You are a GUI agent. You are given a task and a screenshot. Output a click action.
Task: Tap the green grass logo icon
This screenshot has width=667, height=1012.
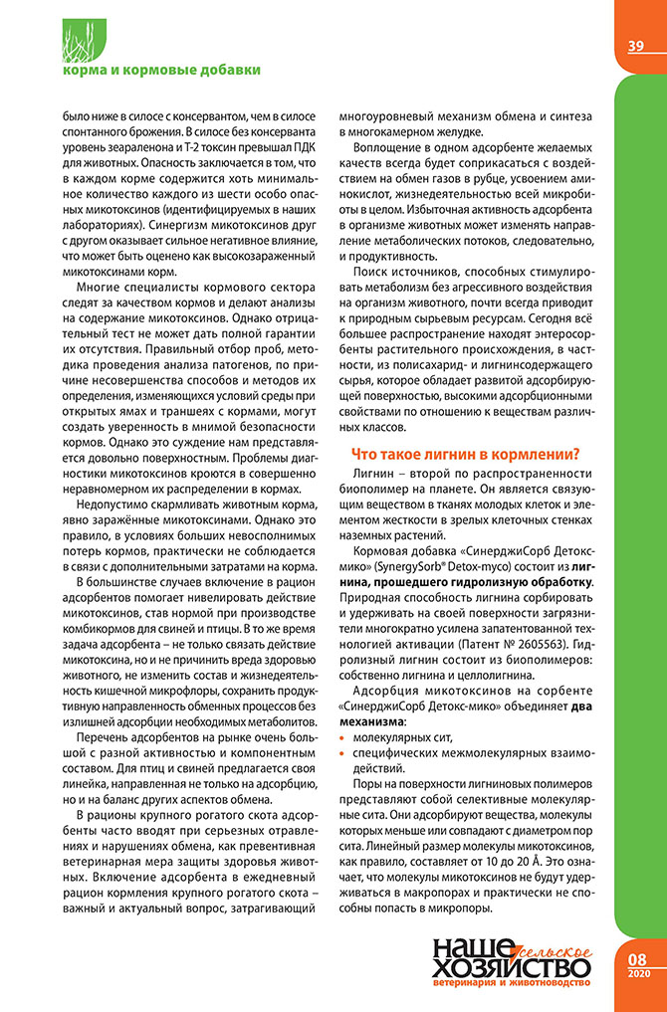tap(81, 39)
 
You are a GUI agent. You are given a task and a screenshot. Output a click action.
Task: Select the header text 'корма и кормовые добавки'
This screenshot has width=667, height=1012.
tap(161, 70)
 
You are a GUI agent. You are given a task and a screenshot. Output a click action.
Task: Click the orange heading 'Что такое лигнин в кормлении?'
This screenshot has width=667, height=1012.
tap(466, 454)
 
